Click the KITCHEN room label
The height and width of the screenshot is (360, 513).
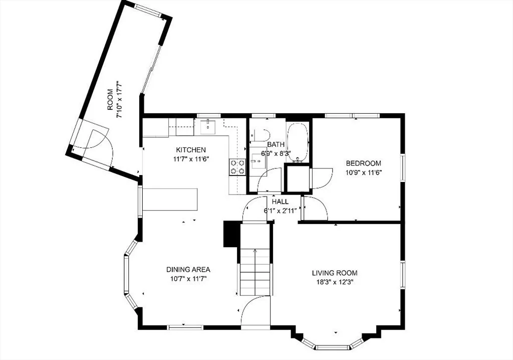191,150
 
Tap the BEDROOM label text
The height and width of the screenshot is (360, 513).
364,163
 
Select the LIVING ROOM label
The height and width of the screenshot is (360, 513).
334,273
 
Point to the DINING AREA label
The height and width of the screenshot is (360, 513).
188,270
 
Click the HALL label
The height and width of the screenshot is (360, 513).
281,202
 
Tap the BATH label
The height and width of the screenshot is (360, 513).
276,144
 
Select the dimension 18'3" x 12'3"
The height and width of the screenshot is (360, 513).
334,282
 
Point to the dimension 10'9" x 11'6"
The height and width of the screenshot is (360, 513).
364,172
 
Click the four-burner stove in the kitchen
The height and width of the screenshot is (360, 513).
237,167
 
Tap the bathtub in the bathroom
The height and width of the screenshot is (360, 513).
298,142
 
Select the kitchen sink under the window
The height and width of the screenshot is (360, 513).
208,127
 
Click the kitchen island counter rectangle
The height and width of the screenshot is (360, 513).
170,200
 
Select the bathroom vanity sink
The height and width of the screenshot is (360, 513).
257,161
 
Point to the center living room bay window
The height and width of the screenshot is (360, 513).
332,347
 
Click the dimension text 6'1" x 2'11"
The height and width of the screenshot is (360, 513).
281,211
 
